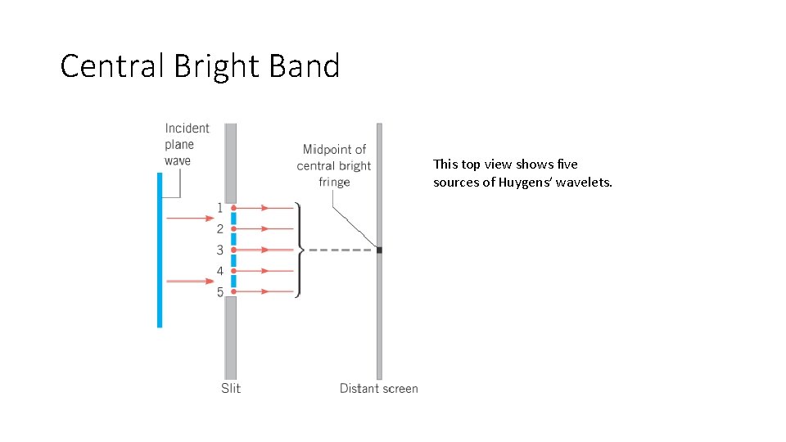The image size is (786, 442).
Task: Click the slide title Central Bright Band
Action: coord(200,66)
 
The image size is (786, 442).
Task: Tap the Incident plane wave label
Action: coord(187,144)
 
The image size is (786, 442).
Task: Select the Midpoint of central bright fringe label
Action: coord(334,165)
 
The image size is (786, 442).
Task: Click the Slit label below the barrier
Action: coord(231,388)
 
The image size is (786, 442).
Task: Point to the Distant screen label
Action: coord(378,388)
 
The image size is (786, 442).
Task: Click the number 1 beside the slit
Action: coord(219,208)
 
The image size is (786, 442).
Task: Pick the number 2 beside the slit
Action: coord(219,229)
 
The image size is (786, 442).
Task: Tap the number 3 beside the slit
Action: coord(219,250)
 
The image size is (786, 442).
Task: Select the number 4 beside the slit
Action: coord(219,271)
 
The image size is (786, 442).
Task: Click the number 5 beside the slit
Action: coord(219,292)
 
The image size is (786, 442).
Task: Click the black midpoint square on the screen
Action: coord(379,250)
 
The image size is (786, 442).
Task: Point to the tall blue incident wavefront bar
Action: coord(160,250)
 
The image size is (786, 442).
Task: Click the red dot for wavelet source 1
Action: coord(233,208)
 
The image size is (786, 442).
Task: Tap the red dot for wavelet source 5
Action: coord(233,291)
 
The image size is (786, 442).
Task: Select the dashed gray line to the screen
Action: coord(340,250)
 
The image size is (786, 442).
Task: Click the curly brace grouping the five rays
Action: coord(300,250)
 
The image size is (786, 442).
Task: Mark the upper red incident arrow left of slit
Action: coord(189,219)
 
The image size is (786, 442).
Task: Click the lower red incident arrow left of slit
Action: coord(189,281)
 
